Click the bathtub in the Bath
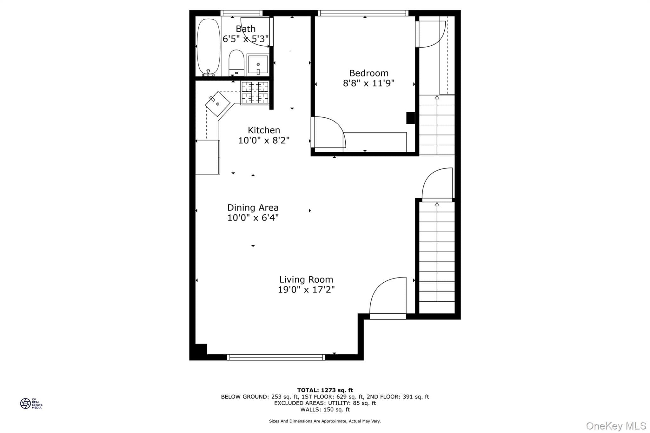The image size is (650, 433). (208, 47)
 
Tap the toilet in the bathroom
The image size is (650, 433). (236, 63)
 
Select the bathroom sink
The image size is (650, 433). (258, 65)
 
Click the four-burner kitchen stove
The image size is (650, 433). (255, 93)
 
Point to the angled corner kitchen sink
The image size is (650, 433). (218, 104)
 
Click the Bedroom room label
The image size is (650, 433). (369, 73)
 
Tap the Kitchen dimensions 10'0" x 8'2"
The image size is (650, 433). (264, 140)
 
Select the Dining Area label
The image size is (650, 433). (253, 208)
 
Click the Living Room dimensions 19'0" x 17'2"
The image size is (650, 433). (306, 290)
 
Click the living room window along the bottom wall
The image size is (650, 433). (276, 358)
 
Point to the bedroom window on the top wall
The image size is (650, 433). (363, 13)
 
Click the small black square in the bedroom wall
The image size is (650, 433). (411, 118)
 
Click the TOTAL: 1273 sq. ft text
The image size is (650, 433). (325, 390)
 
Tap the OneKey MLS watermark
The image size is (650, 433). (616, 426)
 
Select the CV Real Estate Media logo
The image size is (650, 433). (31, 403)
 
